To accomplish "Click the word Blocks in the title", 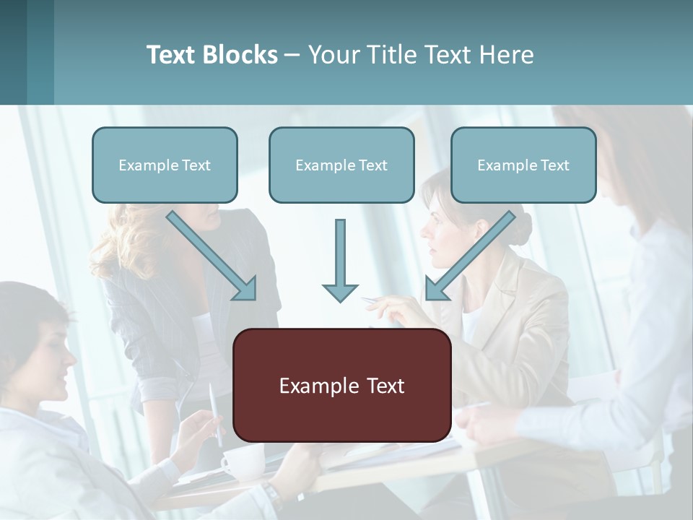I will (x=240, y=55).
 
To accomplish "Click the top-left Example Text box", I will (x=165, y=165).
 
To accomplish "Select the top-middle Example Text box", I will (x=341, y=165).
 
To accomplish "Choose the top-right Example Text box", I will (x=523, y=165).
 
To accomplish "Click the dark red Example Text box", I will (x=342, y=386).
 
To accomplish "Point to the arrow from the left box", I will (x=212, y=256).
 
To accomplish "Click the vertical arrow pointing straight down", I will (x=340, y=260).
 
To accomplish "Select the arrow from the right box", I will (x=471, y=256).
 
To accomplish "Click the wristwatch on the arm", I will (x=271, y=497).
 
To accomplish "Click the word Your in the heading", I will (x=332, y=55).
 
